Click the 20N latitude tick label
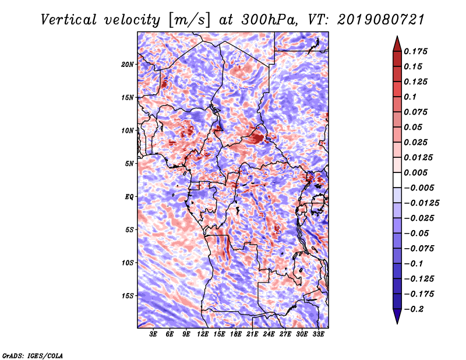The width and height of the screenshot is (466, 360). click(128, 65)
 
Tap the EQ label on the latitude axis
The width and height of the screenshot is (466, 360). click(129, 197)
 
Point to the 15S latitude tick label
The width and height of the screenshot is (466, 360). click(128, 296)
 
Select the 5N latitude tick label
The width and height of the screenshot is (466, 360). click(129, 164)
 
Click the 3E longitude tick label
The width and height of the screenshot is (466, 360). click(153, 334)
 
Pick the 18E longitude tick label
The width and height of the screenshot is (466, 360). click(236, 334)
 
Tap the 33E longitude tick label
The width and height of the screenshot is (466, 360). click(318, 334)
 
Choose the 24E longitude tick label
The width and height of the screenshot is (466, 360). click(269, 334)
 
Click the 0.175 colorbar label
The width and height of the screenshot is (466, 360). click(415, 51)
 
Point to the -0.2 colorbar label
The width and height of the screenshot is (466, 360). click(414, 309)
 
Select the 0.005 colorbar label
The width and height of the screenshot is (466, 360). click(415, 172)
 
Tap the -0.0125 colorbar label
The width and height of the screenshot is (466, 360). click(421, 203)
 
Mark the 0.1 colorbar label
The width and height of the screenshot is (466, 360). click(410, 97)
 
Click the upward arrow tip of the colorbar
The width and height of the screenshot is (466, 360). click(397, 36)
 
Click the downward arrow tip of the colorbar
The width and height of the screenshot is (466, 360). click(397, 323)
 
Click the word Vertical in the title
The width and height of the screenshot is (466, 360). click(69, 20)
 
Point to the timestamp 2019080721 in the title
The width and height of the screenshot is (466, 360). click(381, 20)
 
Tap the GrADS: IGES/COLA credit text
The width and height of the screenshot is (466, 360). click(33, 355)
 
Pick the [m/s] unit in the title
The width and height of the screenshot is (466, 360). click(189, 20)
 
